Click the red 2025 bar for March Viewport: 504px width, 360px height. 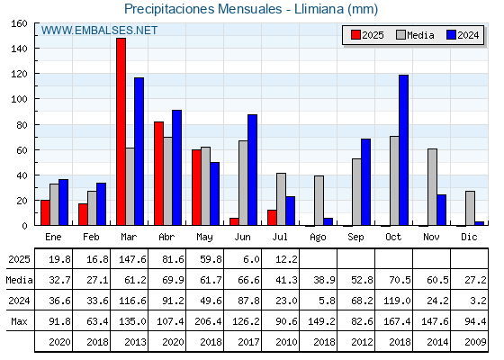tap(121, 131)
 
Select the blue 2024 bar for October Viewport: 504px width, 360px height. tap(404, 150)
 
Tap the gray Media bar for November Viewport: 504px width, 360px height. tap(432, 187)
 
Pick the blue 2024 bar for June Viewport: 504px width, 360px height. tap(252, 170)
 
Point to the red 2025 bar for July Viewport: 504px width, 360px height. tap(272, 218)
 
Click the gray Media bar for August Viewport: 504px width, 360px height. tap(319, 201)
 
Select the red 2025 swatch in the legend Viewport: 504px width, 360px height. tap(355, 35)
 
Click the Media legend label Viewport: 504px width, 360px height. tap(420, 35)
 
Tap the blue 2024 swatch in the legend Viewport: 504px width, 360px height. tap(451, 35)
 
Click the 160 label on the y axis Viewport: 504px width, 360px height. tap(20, 23)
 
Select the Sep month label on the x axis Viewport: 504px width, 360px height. tap(355, 238)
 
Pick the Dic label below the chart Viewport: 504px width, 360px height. tap(469, 237)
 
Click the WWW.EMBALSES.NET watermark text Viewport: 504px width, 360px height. tap(99, 31)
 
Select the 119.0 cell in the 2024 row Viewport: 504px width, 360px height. tap(397, 301)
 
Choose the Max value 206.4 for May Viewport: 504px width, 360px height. tap(208, 321)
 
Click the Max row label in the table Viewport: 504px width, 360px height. tap(19, 321)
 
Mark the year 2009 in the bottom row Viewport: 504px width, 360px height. tap(475, 342)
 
